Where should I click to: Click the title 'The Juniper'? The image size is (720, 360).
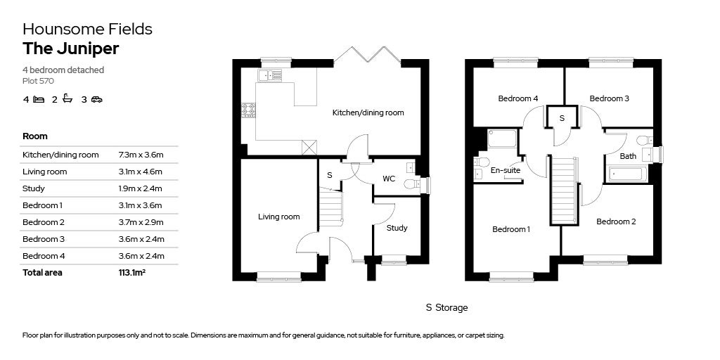(71, 49)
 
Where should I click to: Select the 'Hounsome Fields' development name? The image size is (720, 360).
(87, 29)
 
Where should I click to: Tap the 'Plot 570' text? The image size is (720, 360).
(38, 81)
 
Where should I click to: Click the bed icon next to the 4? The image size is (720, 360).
(39, 100)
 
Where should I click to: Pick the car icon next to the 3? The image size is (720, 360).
(96, 100)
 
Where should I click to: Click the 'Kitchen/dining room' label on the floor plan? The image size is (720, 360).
(368, 112)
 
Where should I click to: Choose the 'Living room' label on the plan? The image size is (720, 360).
(278, 217)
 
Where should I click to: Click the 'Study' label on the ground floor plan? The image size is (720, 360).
(397, 228)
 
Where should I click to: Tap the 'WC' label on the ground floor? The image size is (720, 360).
(389, 179)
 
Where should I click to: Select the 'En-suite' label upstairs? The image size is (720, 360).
(505, 170)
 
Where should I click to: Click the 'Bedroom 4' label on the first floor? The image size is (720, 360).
(517, 98)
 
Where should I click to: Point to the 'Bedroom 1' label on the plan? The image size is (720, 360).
(510, 229)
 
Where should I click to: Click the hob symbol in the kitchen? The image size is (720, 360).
(249, 110)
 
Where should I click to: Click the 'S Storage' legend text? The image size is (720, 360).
(446, 308)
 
